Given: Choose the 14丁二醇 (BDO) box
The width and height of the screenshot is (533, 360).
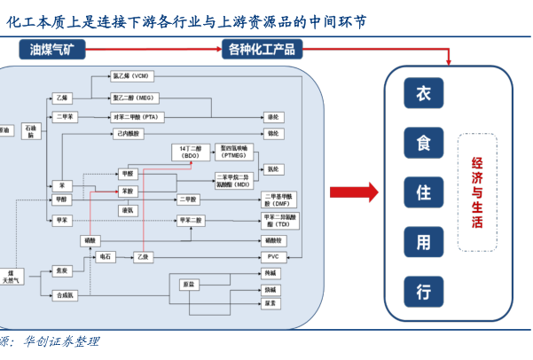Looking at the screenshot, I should (x=191, y=152).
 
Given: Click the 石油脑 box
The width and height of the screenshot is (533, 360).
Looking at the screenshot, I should (x=31, y=131).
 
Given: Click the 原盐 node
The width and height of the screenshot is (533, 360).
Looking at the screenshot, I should (x=188, y=285).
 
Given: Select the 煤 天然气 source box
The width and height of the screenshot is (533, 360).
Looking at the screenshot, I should (x=12, y=277).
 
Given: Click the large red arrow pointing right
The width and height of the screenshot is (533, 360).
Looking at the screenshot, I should (x=353, y=192).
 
